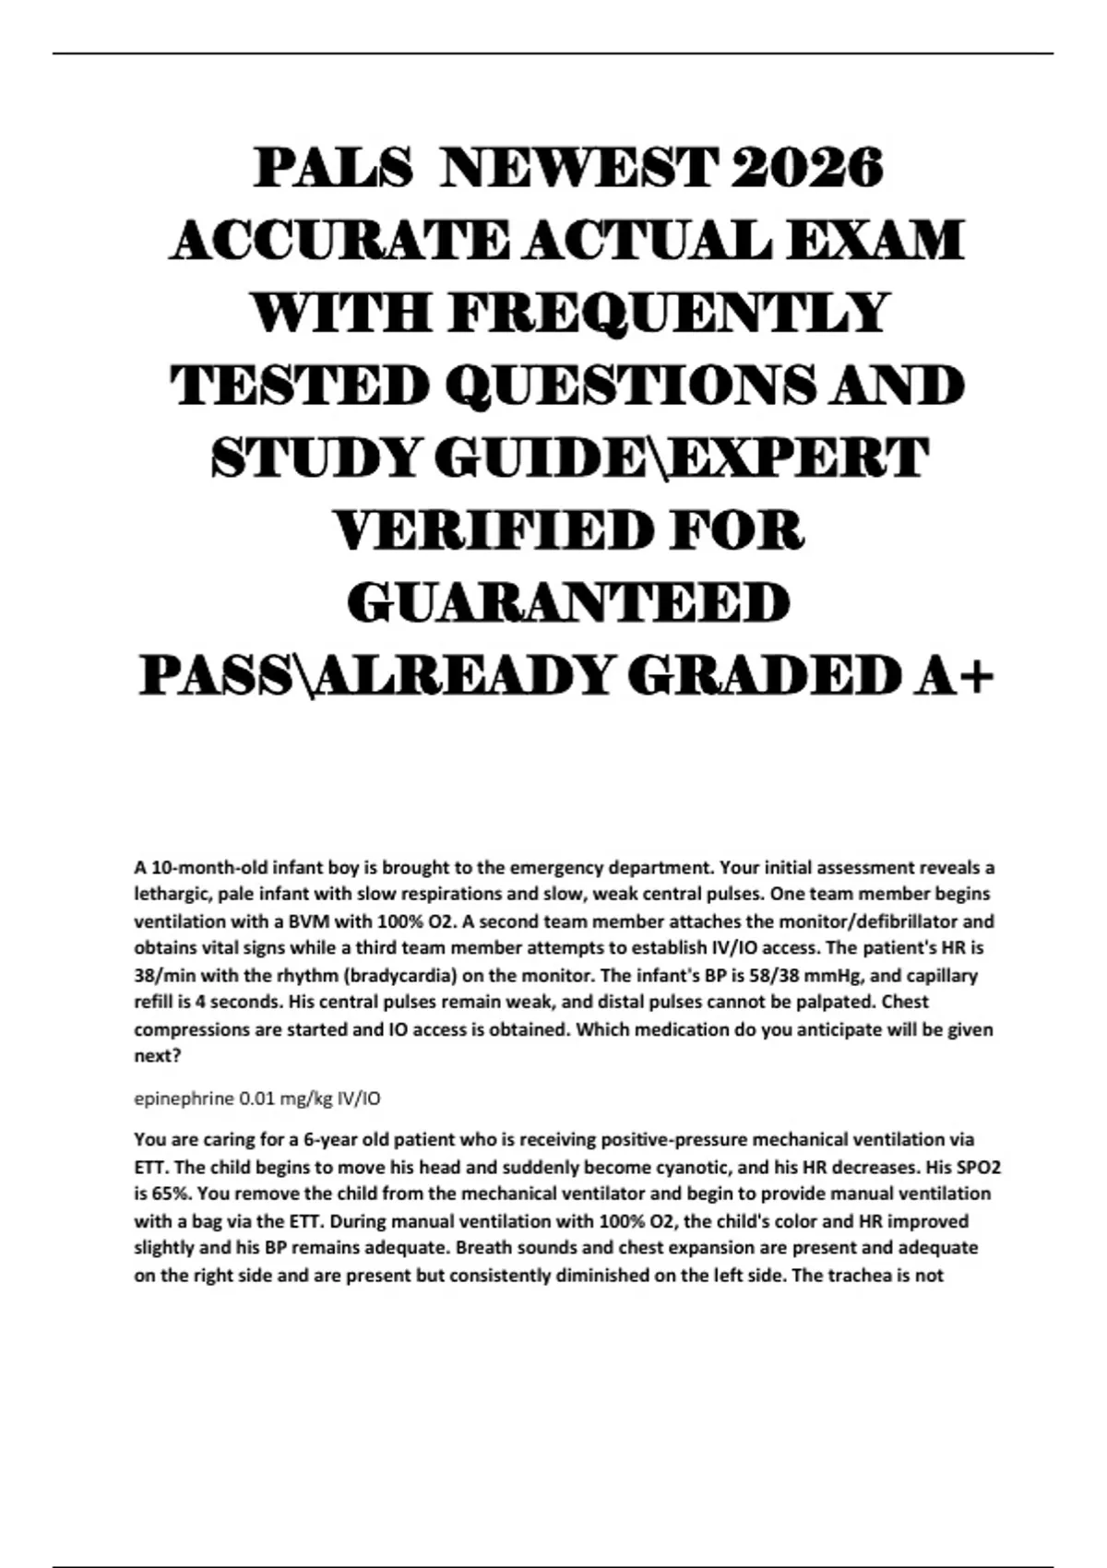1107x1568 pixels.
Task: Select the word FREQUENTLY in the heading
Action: point(670,313)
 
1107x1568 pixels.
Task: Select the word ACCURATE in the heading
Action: point(338,241)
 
